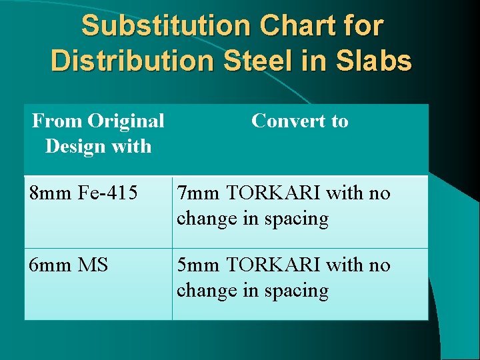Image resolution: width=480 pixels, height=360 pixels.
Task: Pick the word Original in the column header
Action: (125, 121)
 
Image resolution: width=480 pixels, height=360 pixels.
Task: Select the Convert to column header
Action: (299, 121)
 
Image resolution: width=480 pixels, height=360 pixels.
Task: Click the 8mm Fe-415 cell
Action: (83, 193)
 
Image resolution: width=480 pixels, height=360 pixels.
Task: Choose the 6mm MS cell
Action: (69, 265)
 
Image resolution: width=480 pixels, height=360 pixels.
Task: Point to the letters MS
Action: (93, 265)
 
